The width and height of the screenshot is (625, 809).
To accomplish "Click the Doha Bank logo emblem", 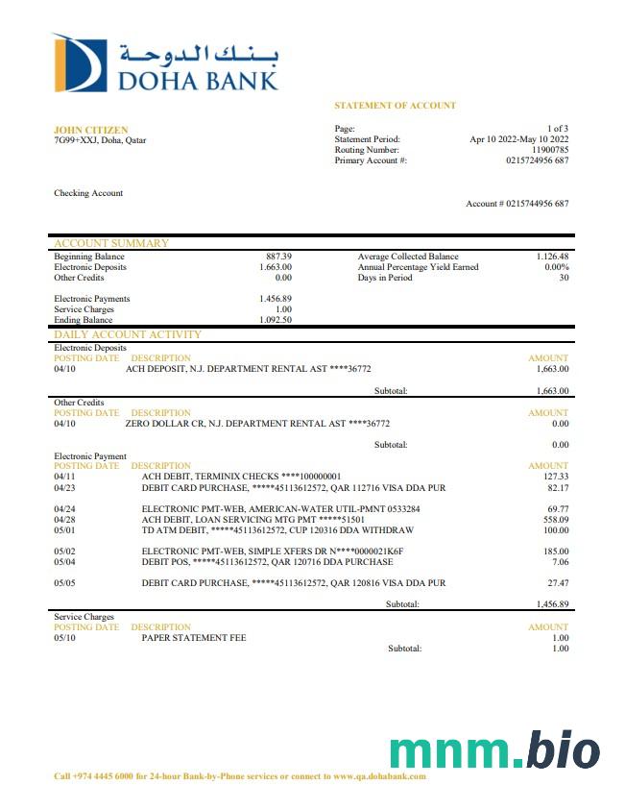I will (80, 63).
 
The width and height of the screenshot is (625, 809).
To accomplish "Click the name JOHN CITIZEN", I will (90, 130).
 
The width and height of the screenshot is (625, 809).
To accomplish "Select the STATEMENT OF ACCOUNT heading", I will (395, 106).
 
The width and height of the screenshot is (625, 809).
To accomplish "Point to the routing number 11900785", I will (550, 150).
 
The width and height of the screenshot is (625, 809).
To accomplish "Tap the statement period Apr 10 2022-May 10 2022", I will (518, 139).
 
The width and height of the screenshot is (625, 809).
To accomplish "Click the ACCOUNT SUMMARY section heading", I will (110, 243).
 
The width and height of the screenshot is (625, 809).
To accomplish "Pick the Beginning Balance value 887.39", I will (278, 257).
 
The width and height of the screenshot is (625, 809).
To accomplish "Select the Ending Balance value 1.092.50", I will (276, 320).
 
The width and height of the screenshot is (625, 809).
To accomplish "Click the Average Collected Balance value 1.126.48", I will (552, 257).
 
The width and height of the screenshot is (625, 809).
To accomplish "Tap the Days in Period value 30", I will (564, 278).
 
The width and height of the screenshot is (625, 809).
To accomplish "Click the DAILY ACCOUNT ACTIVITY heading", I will (128, 334).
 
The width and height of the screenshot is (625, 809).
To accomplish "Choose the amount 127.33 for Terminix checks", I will (556, 477).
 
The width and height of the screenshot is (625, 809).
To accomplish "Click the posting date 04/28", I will (64, 519).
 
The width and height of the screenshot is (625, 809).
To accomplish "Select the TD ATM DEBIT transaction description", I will (276, 529).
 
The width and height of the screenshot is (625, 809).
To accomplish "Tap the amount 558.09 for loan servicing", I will (556, 519).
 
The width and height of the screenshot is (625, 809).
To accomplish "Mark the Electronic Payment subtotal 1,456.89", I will (552, 604).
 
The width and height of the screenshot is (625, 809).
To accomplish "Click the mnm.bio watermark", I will (494, 750).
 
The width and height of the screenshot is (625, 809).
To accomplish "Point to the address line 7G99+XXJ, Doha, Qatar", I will (100, 140).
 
